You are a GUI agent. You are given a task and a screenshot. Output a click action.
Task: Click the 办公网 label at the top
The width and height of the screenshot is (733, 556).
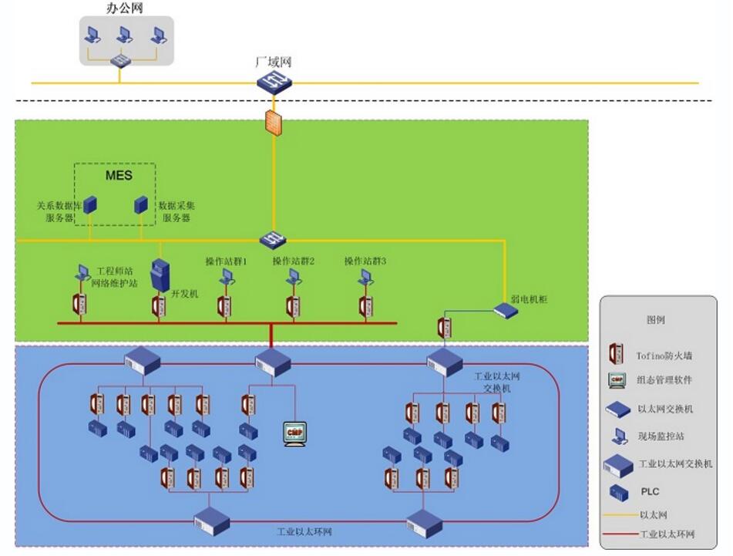point(124,8)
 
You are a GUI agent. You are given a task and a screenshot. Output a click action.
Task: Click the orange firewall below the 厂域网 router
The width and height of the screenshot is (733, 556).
point(274,123)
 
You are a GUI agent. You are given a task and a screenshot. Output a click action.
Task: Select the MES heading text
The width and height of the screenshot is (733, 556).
point(119,176)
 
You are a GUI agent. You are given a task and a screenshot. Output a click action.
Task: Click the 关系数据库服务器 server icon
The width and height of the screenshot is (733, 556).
point(90,205)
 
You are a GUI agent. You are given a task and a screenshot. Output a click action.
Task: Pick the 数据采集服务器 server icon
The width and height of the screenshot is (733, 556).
point(141,205)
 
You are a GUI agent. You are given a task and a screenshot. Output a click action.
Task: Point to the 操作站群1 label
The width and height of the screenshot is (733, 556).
point(226,262)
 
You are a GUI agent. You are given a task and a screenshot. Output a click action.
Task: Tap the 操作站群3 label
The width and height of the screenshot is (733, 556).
point(365,262)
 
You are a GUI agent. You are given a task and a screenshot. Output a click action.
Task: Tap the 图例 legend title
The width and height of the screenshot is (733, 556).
point(655,320)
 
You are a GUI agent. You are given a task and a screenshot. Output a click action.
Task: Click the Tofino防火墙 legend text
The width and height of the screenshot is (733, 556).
point(664,356)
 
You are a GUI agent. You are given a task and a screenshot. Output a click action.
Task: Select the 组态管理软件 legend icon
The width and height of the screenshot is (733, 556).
point(617,380)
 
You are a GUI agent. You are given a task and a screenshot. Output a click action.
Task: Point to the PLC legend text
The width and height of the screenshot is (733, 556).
point(650,491)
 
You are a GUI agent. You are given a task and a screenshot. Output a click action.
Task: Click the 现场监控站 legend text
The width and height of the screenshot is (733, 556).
point(661,436)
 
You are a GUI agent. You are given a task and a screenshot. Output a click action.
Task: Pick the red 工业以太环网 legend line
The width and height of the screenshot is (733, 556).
point(619,534)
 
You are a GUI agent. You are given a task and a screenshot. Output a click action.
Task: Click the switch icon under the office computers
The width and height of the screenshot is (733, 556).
point(120,59)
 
